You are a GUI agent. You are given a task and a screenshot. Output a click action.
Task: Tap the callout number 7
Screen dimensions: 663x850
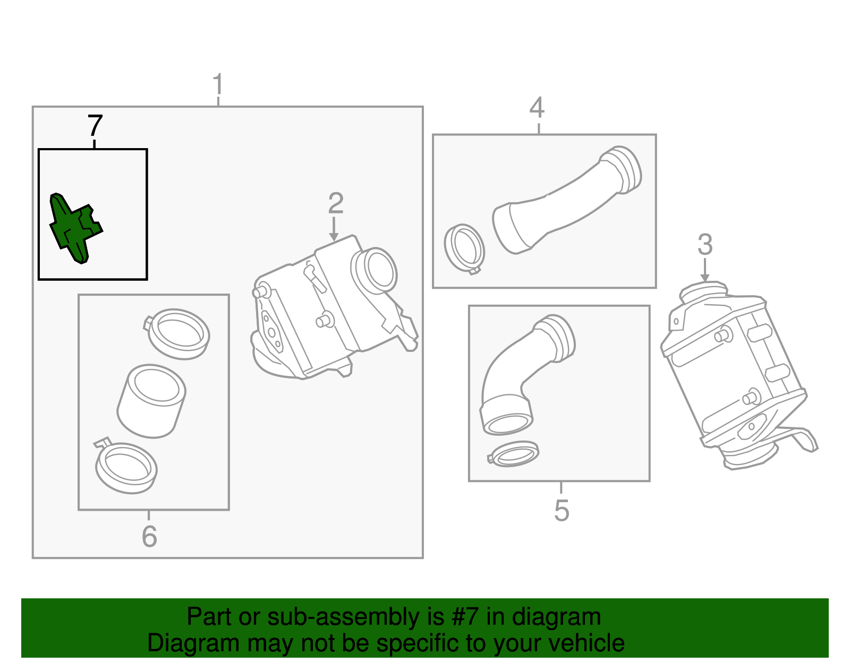coord(95,126)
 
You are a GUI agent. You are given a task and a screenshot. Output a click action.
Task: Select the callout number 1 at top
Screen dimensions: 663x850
coord(218,85)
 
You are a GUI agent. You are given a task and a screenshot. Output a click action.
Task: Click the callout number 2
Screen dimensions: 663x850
coord(336,203)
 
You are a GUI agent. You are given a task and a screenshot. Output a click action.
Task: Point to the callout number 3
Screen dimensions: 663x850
coord(704,245)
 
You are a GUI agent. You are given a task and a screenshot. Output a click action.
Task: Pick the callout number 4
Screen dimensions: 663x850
coord(537,108)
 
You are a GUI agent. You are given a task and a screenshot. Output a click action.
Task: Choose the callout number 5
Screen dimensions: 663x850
coord(562,511)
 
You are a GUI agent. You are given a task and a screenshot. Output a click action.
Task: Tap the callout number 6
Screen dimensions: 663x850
coord(149,536)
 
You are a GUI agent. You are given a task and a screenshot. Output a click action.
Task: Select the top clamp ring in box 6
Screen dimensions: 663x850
coord(178,334)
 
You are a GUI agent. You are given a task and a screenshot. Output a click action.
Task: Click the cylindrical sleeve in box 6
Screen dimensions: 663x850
coord(151,401)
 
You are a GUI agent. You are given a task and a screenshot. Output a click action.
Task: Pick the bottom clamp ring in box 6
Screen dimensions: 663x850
coord(126,467)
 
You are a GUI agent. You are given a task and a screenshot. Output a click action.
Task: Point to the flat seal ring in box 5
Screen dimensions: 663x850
coord(514,454)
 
